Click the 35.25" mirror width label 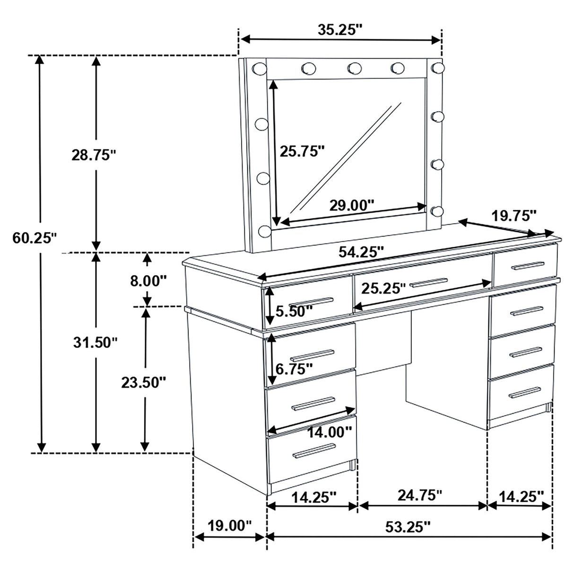point(339,30)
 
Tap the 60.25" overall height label point(35,238)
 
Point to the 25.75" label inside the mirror point(302,151)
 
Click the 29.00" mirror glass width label point(352,205)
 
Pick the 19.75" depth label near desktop point(514,216)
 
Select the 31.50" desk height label point(95,342)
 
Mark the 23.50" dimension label point(143,382)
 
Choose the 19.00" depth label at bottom point(230,526)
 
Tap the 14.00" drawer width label point(329,432)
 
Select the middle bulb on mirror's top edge point(353,69)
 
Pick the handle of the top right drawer point(527,266)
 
